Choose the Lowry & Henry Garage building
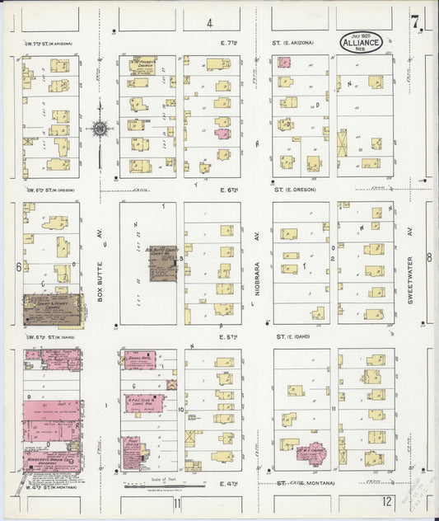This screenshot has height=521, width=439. [51, 310]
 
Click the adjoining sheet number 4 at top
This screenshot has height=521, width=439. [209, 23]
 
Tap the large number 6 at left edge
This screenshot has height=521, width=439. [17, 266]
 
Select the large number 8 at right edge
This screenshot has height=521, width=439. [428, 257]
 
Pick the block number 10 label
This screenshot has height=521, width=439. [180, 410]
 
